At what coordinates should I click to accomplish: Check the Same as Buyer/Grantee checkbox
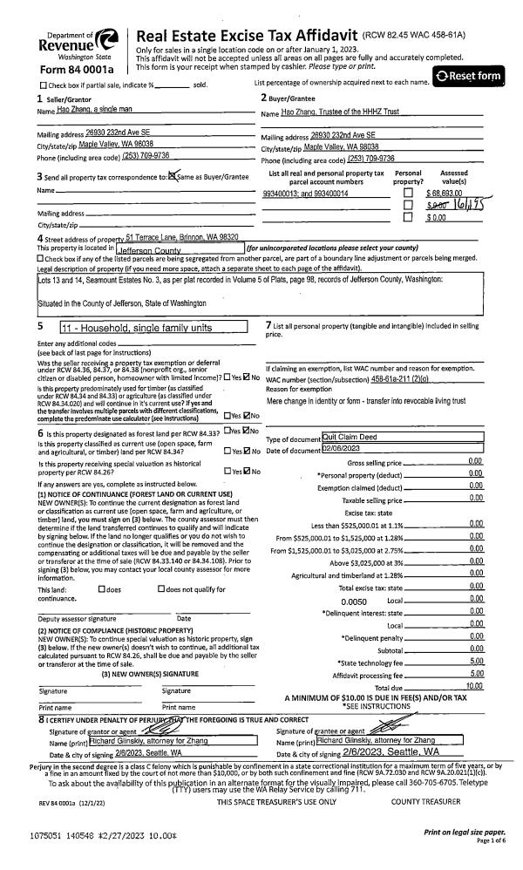172,177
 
